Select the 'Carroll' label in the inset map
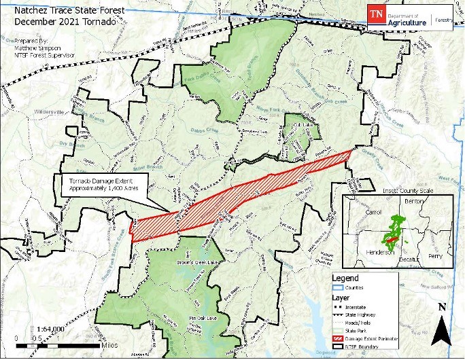pyautogui.click(x=356, y=212)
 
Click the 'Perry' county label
pyautogui.click(x=435, y=256)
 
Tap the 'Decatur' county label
pyautogui.click(x=410, y=259)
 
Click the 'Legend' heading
pyautogui.click(x=345, y=278)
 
